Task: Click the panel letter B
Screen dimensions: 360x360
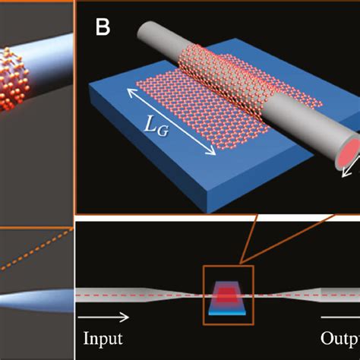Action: click(103, 28)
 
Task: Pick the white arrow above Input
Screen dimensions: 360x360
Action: click(100, 313)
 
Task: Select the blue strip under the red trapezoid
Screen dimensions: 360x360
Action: click(226, 309)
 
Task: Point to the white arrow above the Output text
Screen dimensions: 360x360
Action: click(339, 314)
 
